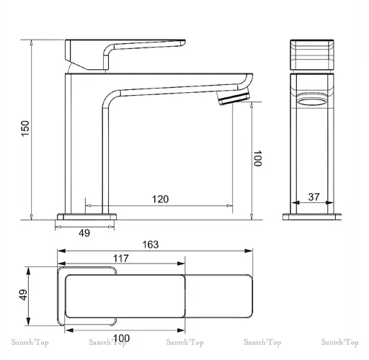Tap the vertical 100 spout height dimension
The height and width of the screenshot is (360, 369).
[257, 159]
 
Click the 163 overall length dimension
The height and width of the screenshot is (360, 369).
[150, 245]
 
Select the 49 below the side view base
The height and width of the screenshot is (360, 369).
[84, 233]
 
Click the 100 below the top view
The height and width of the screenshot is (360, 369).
[121, 338]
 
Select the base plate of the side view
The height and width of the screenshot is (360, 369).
[86, 215]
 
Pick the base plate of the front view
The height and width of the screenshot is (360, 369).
[314, 215]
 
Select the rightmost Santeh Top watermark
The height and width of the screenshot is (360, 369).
[343, 343]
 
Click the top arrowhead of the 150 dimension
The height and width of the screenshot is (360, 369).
[32, 41]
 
